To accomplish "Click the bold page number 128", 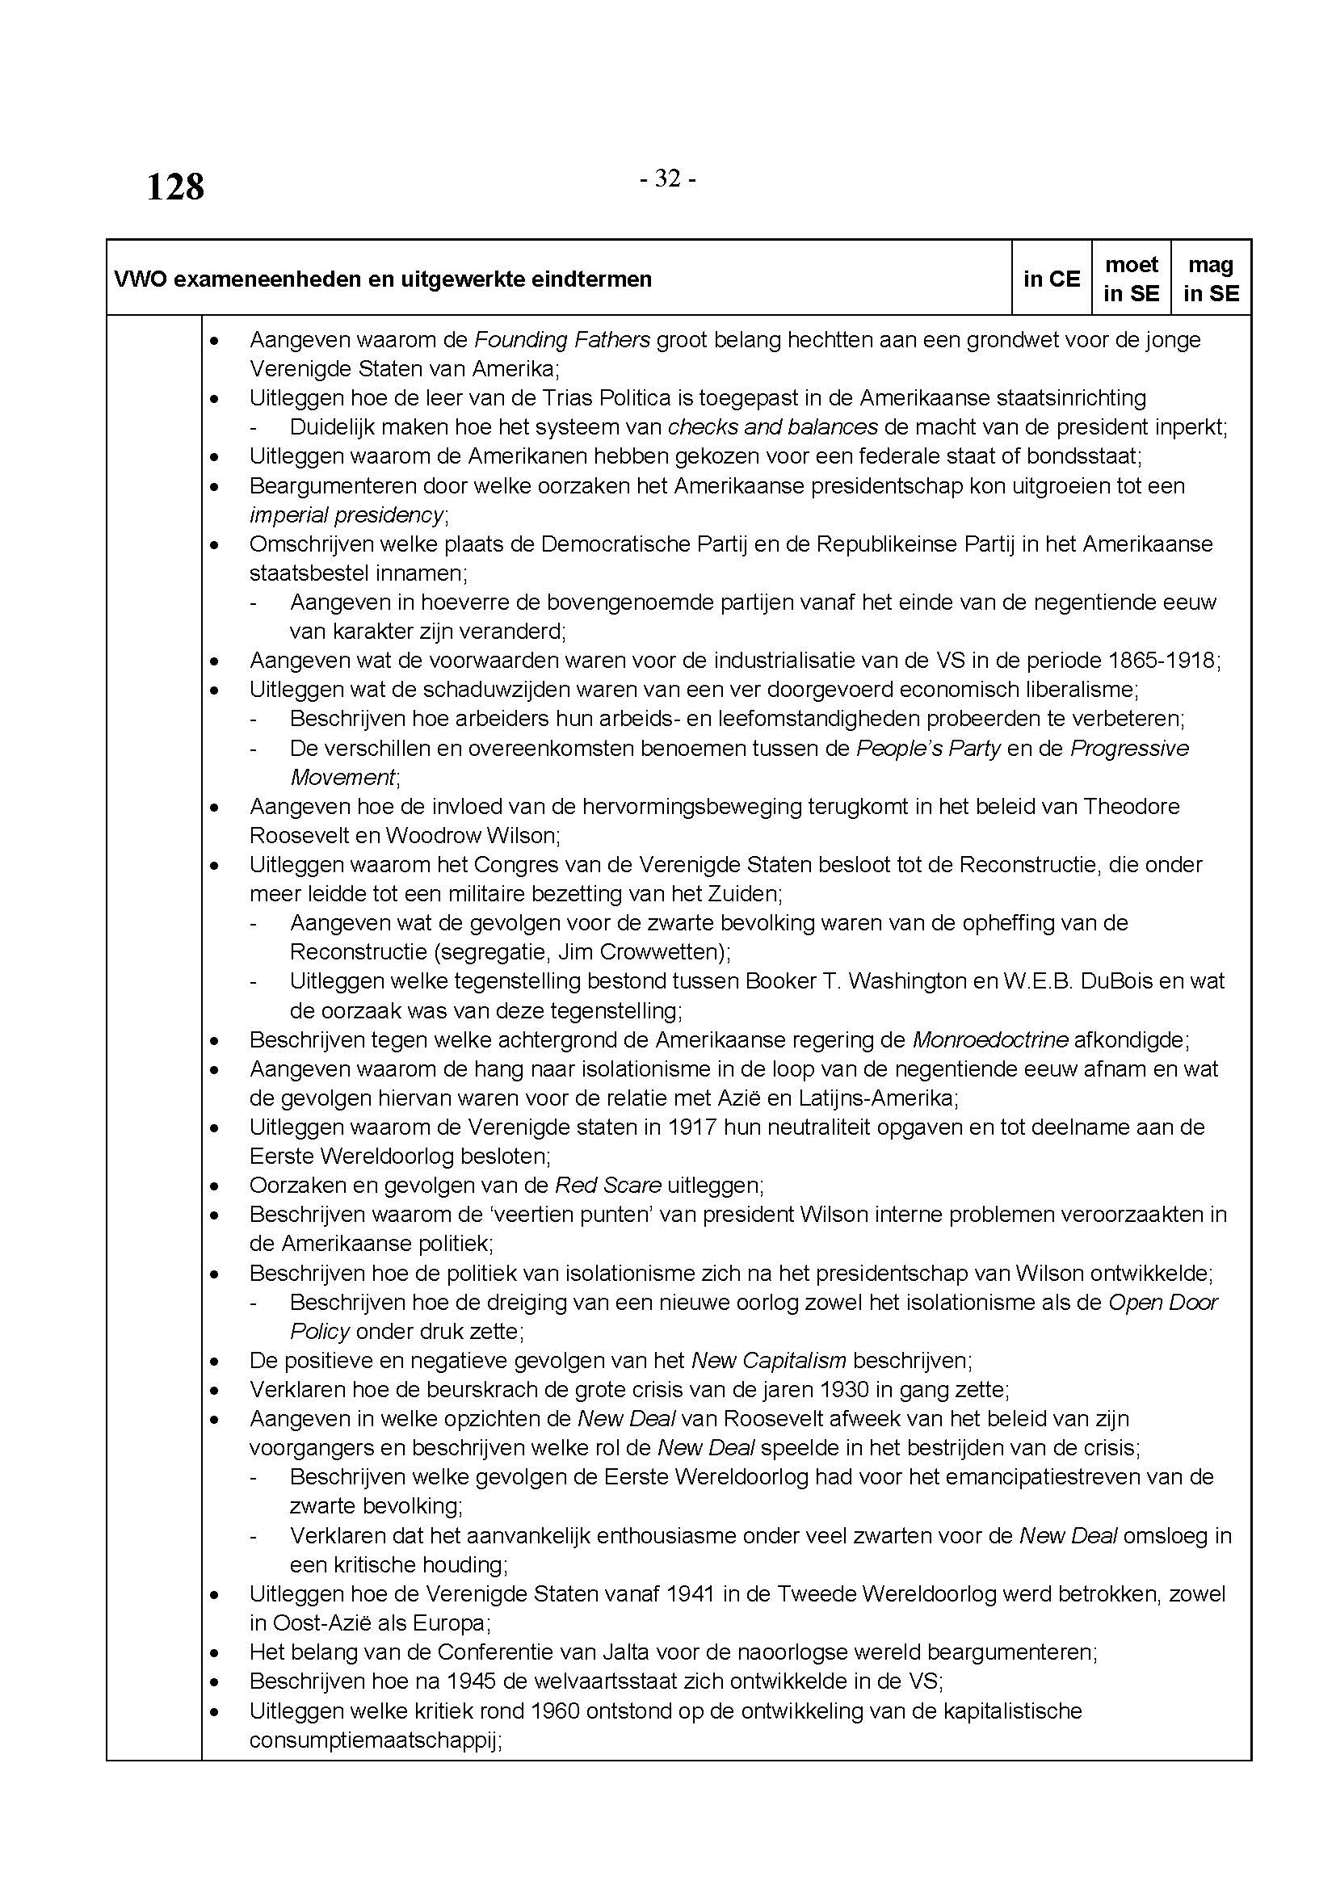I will click(175, 187).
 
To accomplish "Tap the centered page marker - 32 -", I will click(668, 178).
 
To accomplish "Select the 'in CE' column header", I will click(1052, 279).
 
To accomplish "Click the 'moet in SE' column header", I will click(1131, 279).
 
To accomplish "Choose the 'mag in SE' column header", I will click(1211, 279).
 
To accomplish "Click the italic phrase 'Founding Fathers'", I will click(562, 339).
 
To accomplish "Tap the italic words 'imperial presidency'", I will click(347, 515).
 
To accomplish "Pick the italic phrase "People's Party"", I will click(928, 748).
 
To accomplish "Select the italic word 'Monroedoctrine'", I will click(989, 1040).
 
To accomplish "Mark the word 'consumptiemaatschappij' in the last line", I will click(374, 1740).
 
